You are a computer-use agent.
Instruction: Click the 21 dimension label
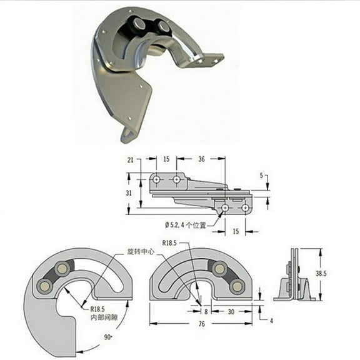point(131,160)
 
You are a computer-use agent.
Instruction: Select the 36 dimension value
point(201,159)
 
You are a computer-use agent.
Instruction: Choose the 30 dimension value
point(231,311)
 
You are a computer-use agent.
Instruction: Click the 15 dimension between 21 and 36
point(167,159)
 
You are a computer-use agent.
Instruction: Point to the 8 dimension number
point(206,311)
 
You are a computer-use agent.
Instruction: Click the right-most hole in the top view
point(245,207)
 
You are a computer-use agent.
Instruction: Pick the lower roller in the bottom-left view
point(44,286)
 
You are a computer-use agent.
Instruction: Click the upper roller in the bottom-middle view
point(219,269)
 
